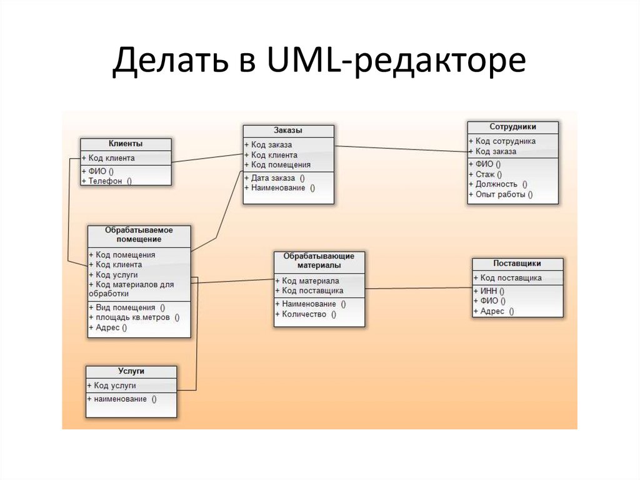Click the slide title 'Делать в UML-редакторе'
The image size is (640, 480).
(318, 63)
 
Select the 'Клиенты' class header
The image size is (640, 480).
(126, 144)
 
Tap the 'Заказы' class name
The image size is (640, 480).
(288, 131)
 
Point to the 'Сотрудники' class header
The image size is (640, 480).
(512, 127)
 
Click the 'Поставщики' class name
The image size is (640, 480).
(517, 263)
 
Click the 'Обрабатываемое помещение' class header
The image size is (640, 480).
(139, 234)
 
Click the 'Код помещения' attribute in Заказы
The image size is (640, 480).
(281, 165)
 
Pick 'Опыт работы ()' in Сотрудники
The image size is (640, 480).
(504, 195)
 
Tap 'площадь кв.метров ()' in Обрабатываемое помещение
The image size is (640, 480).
(137, 317)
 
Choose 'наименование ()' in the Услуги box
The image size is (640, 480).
(125, 399)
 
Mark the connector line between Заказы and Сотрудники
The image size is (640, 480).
(400, 149)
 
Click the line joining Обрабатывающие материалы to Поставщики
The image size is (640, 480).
(417, 288)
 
